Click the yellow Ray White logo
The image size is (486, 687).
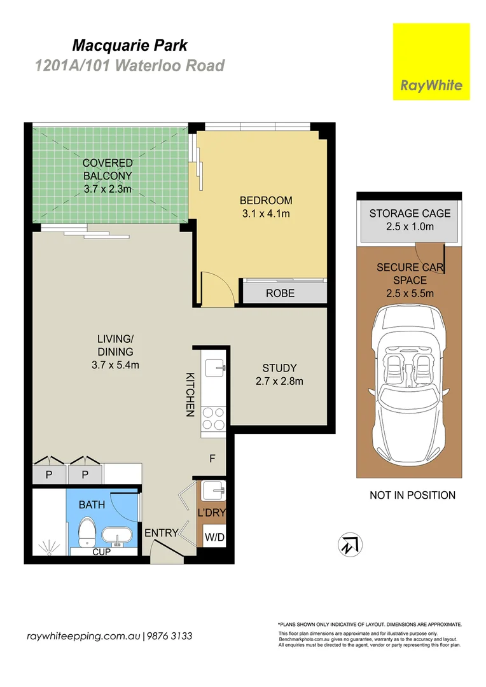coord(431,62)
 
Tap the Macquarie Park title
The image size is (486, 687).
coord(130,45)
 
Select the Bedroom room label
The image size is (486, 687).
coord(266,200)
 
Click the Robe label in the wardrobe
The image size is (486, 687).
coord(280,293)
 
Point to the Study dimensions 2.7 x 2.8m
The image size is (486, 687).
coord(280,381)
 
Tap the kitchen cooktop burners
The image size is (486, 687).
coord(213,419)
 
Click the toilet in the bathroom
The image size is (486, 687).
coord(87,531)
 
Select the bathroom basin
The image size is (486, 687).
coord(116,536)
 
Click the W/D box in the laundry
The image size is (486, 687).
coord(215,537)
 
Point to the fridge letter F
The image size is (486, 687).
coord(212,459)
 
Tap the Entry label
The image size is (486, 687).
coord(162,533)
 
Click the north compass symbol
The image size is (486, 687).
coord(350,545)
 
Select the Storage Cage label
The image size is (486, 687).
coord(410,213)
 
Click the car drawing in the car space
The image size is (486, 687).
coord(410,381)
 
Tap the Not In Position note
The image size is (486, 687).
coord(412,495)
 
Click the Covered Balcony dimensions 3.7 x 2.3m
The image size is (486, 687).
coord(108,190)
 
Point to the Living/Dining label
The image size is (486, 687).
coord(115,345)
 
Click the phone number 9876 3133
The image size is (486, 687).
coord(169,636)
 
